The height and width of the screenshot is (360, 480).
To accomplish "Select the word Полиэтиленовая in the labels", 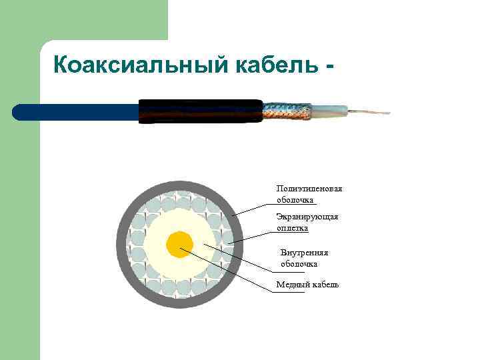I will click(x=309, y=189).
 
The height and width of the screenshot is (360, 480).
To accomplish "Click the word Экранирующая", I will click(x=307, y=217).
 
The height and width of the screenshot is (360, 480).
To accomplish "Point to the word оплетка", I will click(x=292, y=228).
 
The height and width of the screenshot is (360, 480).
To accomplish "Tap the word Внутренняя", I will click(x=305, y=253).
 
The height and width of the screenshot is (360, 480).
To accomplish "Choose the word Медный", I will click(x=291, y=285).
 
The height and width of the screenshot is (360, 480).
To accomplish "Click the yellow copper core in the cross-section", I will click(x=179, y=244).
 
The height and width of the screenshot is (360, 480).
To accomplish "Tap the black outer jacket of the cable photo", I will click(x=200, y=111).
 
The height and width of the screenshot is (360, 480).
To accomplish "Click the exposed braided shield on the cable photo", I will click(x=287, y=112).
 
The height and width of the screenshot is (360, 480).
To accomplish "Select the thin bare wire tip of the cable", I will click(x=370, y=111).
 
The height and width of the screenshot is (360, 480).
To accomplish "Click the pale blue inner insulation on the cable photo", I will click(x=329, y=110).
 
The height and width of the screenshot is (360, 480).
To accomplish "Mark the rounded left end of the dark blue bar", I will click(x=17, y=112).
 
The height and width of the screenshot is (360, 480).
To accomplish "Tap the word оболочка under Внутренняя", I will click(x=299, y=264).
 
